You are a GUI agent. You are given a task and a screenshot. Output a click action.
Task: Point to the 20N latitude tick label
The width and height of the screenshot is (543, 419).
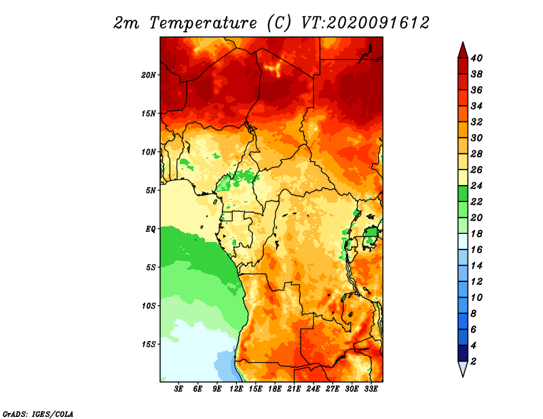(x=149, y=75)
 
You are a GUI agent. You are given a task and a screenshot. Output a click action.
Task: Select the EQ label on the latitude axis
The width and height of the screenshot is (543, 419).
(x=151, y=229)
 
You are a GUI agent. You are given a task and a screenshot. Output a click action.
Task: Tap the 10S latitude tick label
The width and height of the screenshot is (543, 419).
(x=149, y=306)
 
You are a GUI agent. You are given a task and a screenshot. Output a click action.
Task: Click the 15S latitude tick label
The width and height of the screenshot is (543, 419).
(x=149, y=344)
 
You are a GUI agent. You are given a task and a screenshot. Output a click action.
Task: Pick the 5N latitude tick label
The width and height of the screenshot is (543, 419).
(x=151, y=191)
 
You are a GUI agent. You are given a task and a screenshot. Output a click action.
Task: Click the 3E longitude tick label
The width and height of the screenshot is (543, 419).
(x=179, y=389)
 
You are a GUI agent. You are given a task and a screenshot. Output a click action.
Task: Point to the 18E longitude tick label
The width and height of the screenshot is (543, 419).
(x=275, y=389)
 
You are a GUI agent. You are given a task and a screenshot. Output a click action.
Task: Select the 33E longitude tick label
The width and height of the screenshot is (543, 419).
(x=371, y=389)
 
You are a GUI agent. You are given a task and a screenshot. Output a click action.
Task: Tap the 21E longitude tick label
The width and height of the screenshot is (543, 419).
(x=294, y=389)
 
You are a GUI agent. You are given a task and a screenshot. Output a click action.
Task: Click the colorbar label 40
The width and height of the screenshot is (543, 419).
(x=476, y=58)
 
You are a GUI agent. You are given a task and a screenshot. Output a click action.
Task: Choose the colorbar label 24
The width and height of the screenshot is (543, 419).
(x=476, y=186)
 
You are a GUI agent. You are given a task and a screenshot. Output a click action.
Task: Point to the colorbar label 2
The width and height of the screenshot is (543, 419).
(x=473, y=361)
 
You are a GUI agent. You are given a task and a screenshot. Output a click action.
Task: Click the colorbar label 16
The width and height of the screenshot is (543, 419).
(x=476, y=250)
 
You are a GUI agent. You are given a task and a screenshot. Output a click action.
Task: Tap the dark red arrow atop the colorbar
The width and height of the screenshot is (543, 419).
(x=462, y=49)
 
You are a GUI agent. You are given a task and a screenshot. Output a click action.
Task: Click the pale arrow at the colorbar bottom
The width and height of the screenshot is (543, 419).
(x=462, y=369)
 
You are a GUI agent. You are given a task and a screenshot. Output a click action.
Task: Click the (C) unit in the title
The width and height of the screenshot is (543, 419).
(x=278, y=23)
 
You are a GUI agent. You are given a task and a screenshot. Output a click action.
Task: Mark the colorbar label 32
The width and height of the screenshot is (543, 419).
(x=476, y=122)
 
